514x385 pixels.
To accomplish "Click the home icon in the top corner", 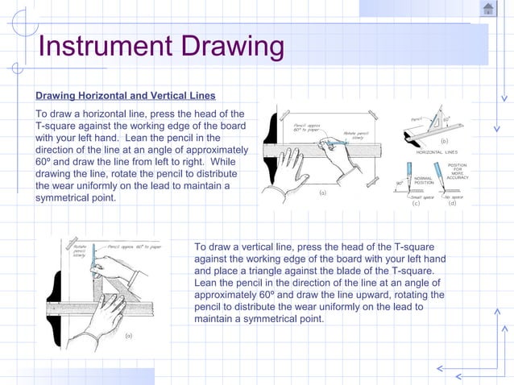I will pyautogui.click(x=488, y=9).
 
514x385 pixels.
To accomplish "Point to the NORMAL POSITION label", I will pyautogui.click(x=424, y=180).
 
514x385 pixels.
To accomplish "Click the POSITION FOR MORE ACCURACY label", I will pyautogui.click(x=457, y=172).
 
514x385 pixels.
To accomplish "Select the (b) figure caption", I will pyautogui.click(x=443, y=140).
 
